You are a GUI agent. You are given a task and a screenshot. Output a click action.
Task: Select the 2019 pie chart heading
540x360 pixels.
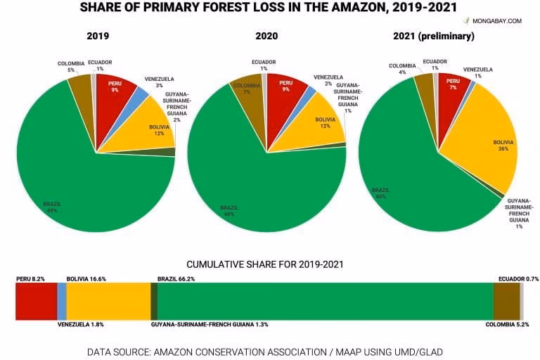pyautogui.click(x=98, y=36)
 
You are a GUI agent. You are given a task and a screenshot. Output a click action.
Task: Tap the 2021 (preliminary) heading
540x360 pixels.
pyautogui.click(x=438, y=36)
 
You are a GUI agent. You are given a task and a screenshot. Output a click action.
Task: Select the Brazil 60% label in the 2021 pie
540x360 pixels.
pyautogui.click(x=380, y=193)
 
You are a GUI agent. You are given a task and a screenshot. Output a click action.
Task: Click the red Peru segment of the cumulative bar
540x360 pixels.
pyautogui.click(x=36, y=303)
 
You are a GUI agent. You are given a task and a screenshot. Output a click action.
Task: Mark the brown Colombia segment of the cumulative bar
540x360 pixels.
pyautogui.click(x=506, y=303)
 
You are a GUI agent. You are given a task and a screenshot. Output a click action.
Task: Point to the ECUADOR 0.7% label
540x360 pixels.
pyautogui.click(x=517, y=278)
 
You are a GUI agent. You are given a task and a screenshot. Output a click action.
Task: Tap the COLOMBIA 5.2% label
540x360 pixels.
pyautogui.click(x=512, y=325)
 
